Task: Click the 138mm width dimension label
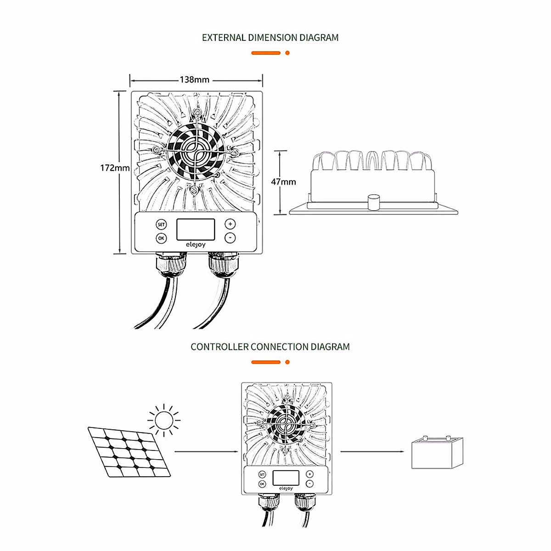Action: (194, 80)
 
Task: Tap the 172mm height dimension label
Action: (115, 168)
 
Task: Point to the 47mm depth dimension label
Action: (283, 182)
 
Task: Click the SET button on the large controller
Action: (161, 225)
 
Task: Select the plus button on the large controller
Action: (230, 224)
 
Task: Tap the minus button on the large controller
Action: (230, 238)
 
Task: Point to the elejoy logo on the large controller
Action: (196, 245)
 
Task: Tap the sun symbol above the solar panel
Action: (163, 419)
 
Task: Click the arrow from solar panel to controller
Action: (207, 452)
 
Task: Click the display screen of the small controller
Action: (286, 478)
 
